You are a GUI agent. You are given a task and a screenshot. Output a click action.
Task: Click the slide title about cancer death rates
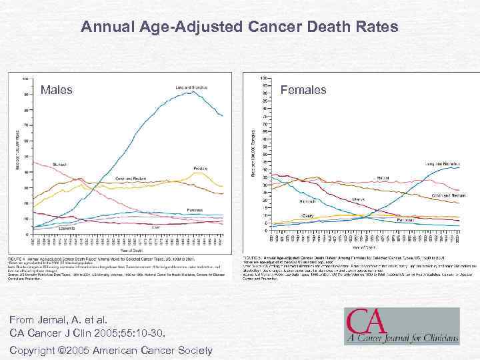tap(239, 27)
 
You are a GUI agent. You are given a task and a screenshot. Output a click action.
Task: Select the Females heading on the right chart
tap(303, 89)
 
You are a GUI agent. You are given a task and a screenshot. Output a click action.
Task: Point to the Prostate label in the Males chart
tap(199, 167)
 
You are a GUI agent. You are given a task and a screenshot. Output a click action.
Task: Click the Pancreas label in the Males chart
tap(194, 209)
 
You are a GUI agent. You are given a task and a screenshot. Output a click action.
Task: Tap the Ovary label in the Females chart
tap(308, 215)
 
